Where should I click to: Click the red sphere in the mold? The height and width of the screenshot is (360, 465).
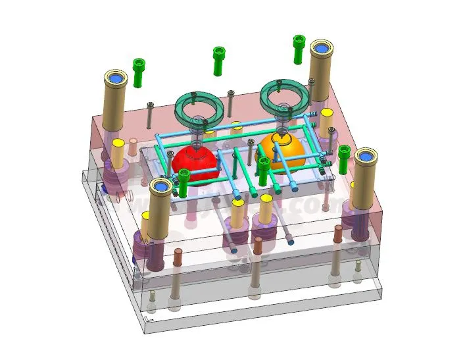(195, 162)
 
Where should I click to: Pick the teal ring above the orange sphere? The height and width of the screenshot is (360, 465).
(284, 96)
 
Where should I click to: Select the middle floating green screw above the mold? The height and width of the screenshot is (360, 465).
(218, 61)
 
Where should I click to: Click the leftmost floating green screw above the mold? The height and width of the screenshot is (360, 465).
(139, 72)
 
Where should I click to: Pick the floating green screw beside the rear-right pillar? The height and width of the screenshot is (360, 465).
(299, 49)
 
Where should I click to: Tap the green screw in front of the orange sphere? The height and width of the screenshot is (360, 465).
(264, 170)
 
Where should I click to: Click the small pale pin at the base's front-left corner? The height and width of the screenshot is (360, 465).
(153, 299)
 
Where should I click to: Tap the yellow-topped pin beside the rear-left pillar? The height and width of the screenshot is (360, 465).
(118, 152)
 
